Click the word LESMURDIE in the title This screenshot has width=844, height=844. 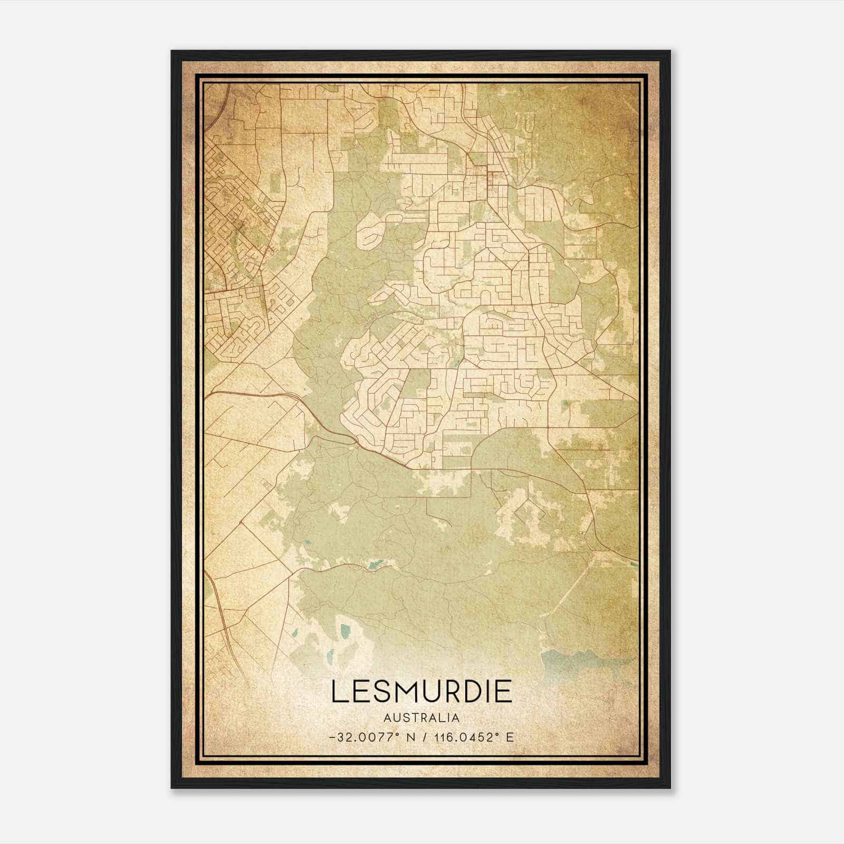(421, 692)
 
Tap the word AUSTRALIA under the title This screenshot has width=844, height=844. (421, 718)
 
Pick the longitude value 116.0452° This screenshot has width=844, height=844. (465, 737)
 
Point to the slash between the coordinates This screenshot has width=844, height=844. (425, 737)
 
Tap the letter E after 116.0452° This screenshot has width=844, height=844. (510, 737)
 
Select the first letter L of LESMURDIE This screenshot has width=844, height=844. (338, 692)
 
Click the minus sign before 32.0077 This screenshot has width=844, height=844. (331, 737)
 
